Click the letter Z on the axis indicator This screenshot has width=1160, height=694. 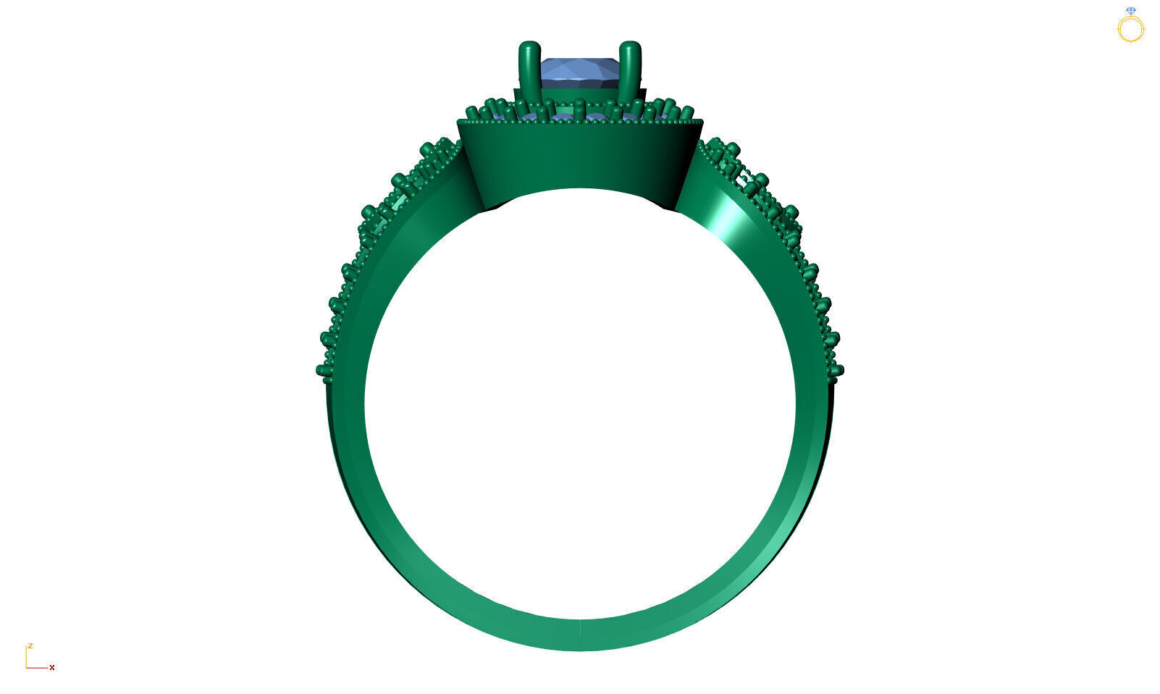(x=30, y=645)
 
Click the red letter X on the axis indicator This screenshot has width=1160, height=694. (x=52, y=668)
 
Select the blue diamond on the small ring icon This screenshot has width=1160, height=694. (x=1131, y=11)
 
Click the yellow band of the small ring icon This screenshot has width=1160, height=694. (x=1130, y=30)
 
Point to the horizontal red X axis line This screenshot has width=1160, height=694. (x=37, y=667)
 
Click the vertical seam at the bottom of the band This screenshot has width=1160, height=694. (x=580, y=635)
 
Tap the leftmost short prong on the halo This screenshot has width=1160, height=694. (x=473, y=113)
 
